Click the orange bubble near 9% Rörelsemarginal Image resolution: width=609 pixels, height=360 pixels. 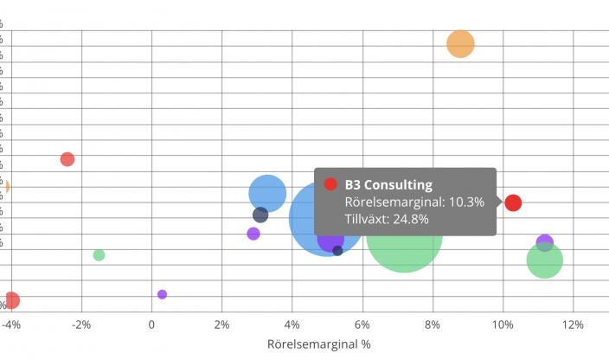[460, 43]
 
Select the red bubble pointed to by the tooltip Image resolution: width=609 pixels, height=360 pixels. [513, 203]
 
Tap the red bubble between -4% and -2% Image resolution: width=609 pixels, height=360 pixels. [67, 159]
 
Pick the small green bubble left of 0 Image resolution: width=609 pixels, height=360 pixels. [99, 255]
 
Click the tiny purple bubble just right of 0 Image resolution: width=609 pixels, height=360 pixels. [162, 294]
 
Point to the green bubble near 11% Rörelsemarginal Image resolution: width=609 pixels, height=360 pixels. [545, 260]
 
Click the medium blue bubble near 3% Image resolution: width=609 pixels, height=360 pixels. [267, 193]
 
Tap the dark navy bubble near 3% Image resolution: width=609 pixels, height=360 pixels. [260, 215]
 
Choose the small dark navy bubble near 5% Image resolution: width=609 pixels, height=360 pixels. [337, 251]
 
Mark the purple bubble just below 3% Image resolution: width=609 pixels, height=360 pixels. [253, 234]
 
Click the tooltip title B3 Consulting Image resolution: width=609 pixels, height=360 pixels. [388, 184]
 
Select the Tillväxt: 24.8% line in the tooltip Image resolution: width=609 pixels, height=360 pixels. [387, 219]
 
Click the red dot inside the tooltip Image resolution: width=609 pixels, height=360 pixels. [330, 183]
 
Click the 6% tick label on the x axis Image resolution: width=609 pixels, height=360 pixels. [362, 325]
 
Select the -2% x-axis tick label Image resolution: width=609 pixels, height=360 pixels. [81, 325]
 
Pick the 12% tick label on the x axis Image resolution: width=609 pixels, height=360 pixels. [573, 325]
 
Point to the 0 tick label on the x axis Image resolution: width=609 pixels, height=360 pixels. [151, 325]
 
